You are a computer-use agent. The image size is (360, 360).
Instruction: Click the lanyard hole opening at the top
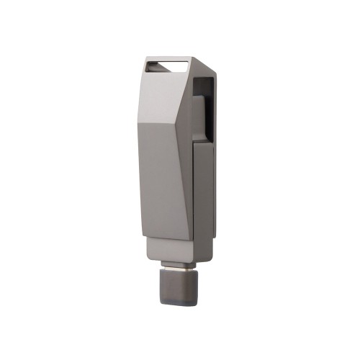tap(168, 67)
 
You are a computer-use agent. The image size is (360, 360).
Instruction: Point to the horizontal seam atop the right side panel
tap(203, 143)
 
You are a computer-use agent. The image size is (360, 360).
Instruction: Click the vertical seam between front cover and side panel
tap(192, 194)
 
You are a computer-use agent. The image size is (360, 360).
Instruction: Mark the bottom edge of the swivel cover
tap(166, 239)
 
